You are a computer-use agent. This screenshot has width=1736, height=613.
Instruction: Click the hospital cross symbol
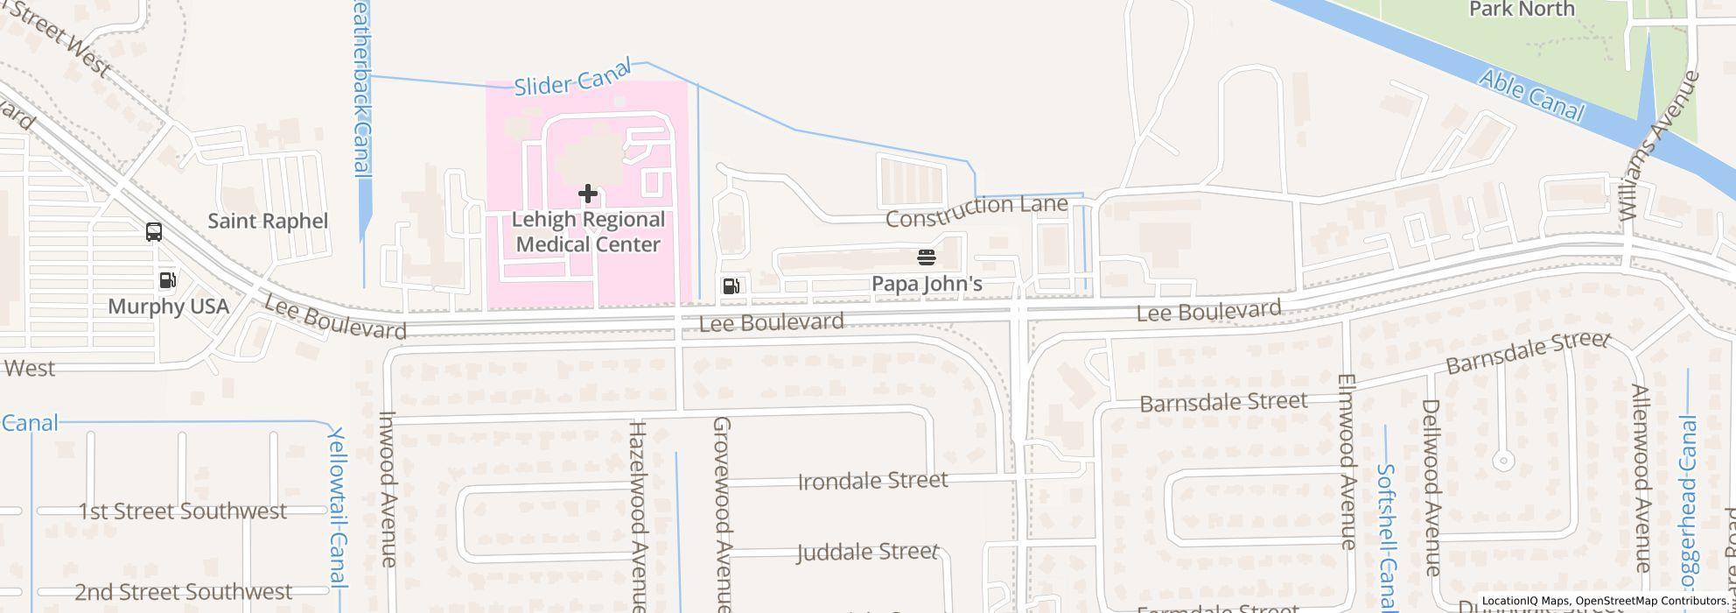pos(587,193)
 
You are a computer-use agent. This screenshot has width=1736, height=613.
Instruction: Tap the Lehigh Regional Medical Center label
pos(588,232)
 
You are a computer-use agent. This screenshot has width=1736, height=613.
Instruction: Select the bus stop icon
pos(154,232)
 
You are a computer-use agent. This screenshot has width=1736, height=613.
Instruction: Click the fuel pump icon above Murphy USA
pos(167,280)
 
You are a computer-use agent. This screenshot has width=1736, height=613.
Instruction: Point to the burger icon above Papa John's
pos(927,257)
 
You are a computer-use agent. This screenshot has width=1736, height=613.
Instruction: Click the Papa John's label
pos(927,284)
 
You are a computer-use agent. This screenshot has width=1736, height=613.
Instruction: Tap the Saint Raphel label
pos(268,221)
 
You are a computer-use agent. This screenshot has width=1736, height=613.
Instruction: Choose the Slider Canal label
pos(572,81)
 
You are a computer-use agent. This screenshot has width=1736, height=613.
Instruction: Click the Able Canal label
pos(1531,96)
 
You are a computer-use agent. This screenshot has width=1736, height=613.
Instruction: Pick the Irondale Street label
pos(872,481)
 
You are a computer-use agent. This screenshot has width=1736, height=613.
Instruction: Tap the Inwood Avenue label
pos(388,489)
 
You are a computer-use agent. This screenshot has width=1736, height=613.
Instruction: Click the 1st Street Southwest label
pos(183,511)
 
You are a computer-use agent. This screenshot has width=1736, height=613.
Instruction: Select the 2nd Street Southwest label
pos(183,593)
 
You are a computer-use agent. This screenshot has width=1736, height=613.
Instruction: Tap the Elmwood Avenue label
pos(1347,462)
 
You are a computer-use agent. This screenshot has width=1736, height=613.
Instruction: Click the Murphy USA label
pos(168,306)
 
